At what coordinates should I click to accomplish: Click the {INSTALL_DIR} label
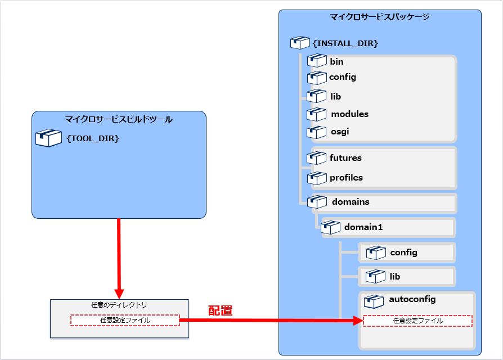345,43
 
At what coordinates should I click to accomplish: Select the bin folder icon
317,61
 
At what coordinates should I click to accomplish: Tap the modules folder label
349,114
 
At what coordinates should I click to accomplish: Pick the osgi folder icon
317,132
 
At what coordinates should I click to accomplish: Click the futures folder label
345,158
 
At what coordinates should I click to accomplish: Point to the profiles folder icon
317,178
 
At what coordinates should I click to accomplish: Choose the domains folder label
351,201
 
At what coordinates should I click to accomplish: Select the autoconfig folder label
412,299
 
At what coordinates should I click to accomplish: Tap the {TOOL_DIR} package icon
48,138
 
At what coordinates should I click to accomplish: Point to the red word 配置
220,310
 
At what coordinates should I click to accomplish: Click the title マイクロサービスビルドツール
119,119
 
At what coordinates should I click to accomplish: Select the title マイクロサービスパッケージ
380,17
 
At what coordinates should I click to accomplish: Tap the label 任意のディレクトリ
119,305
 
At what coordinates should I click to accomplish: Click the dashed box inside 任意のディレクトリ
125,320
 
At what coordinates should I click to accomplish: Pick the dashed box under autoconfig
417,321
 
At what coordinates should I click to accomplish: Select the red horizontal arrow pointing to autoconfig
270,321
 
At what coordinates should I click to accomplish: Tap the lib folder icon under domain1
375,277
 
